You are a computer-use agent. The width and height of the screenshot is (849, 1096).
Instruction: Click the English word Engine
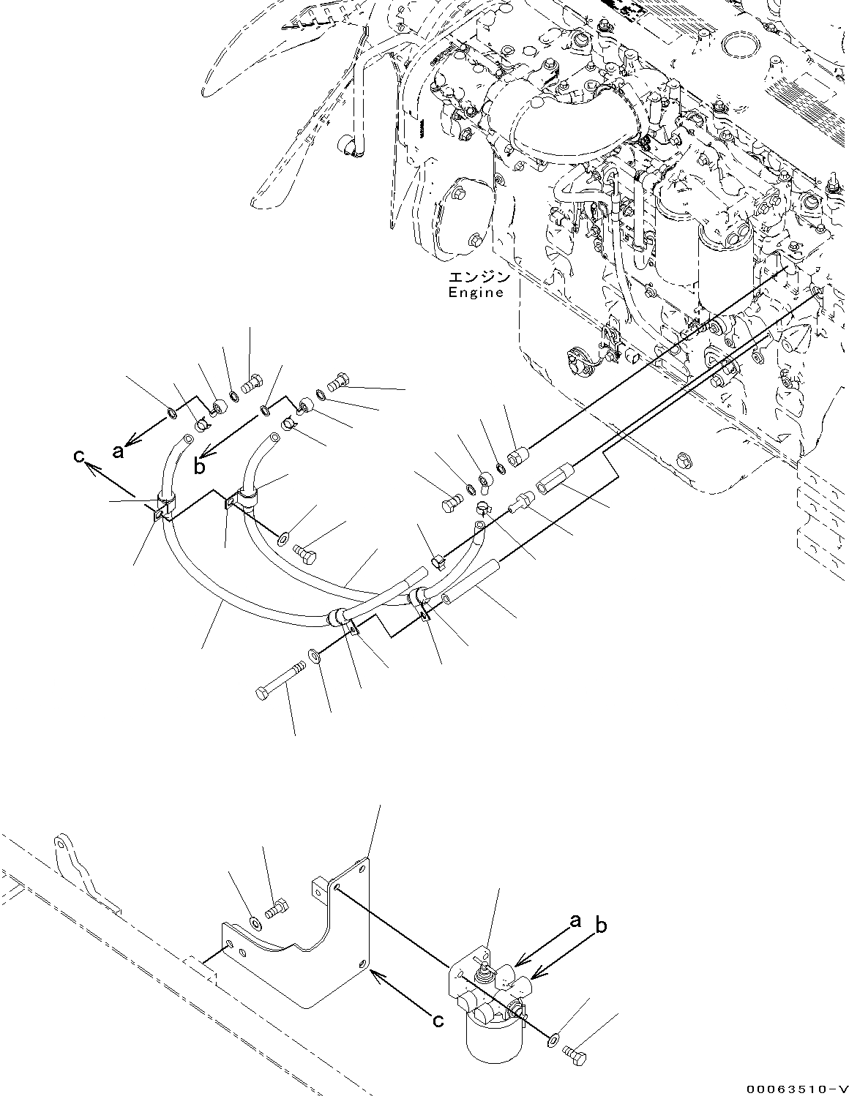click(x=476, y=293)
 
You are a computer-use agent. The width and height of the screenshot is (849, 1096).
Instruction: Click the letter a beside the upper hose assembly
click(x=117, y=451)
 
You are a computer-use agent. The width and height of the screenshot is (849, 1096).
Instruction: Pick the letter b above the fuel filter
click(x=600, y=926)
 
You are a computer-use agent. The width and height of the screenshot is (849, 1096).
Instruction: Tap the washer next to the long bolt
click(x=314, y=653)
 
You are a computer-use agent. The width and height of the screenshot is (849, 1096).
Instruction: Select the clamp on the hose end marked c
click(x=164, y=508)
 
